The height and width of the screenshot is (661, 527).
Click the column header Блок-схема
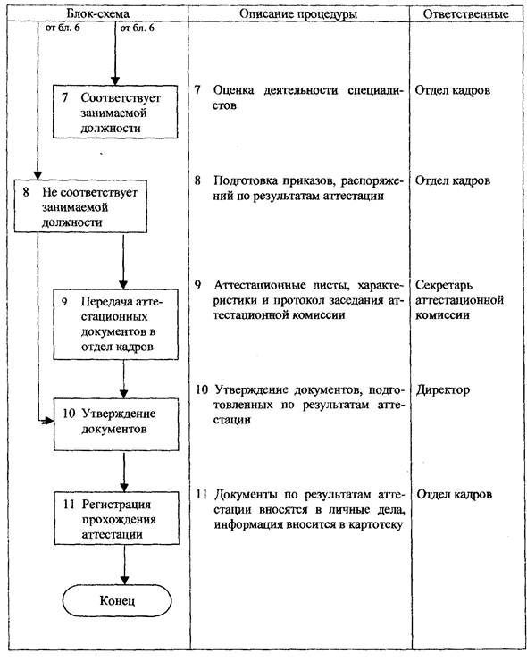pos(98,14)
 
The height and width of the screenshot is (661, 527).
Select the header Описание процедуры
pos(298,14)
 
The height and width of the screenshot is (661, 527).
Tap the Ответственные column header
pos(465,14)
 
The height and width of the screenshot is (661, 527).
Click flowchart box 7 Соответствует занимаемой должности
pos(115,112)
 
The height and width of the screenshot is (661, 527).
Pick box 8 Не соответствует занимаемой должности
pos(80,206)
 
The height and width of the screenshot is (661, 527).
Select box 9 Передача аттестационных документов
pos(115,324)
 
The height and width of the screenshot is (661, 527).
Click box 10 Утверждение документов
pos(116,424)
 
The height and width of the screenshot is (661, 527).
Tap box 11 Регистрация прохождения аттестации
pos(116,518)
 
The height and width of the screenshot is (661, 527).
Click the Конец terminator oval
pos(117,600)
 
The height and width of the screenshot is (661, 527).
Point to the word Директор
pos(443,389)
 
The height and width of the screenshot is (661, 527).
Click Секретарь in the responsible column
pos(444,285)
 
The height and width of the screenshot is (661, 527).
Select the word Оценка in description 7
pos(233,90)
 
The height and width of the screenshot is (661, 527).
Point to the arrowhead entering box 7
pos(115,81)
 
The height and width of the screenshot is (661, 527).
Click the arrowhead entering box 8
pos(38,175)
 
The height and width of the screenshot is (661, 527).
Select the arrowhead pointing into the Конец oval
pos(124,580)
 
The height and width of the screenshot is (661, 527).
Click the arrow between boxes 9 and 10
pos(123,379)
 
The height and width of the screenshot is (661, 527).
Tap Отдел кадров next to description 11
pos(454,495)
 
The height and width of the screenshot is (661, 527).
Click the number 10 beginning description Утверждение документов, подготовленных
pos(202,390)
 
